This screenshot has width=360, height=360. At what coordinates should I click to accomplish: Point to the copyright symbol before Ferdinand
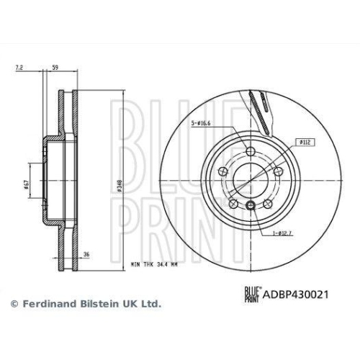(12, 305)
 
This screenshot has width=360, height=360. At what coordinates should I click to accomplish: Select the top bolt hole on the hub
(251, 152)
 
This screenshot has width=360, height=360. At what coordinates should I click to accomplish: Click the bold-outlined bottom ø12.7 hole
(251, 206)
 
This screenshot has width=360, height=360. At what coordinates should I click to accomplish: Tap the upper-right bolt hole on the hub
(276, 171)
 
